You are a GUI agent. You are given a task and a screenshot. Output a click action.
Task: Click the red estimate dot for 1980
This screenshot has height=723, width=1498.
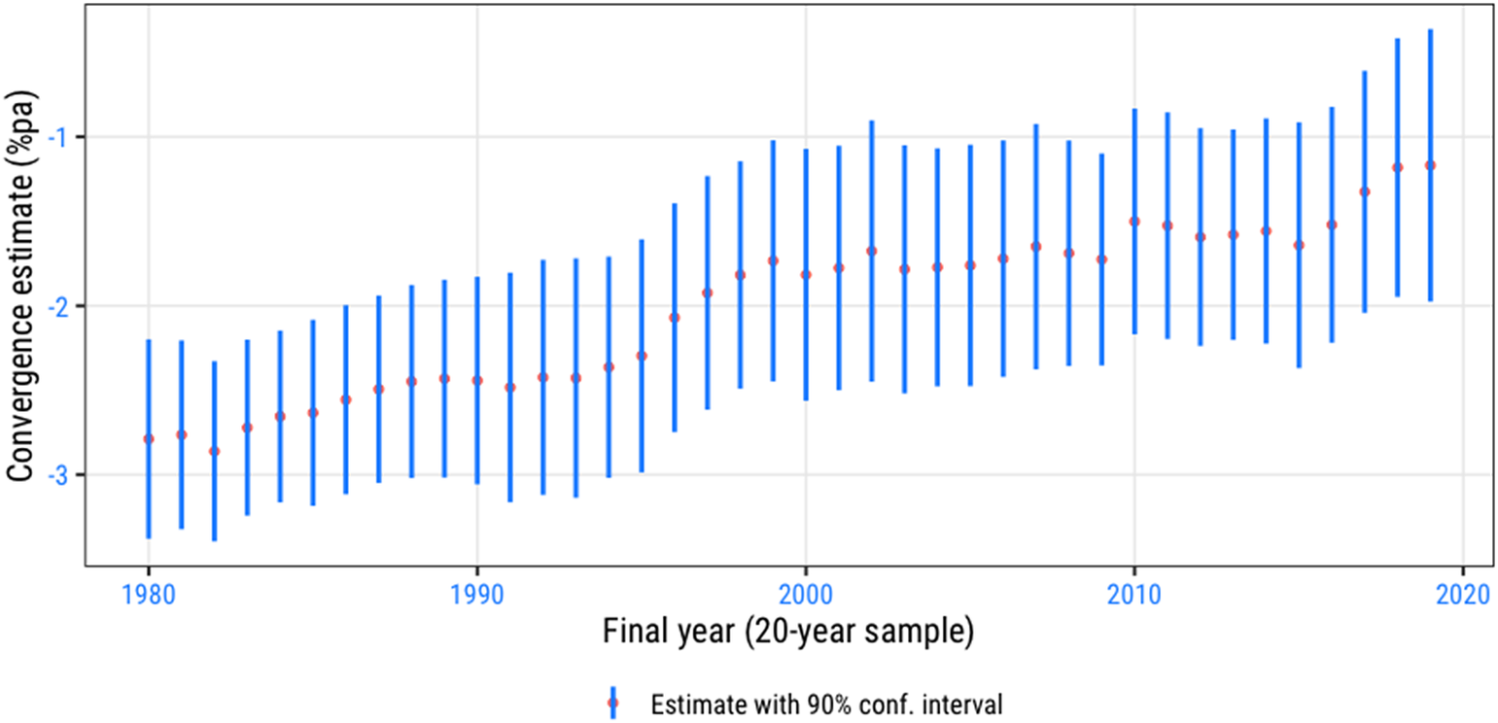149,438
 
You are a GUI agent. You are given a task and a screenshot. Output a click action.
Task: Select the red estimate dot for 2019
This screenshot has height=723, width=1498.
1430,165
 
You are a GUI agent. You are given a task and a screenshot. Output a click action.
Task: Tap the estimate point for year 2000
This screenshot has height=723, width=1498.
805,274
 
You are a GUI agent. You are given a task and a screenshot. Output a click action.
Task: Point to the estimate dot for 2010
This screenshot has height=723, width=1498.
1133,222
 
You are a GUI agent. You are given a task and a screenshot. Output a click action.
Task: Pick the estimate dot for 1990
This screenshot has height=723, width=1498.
476,380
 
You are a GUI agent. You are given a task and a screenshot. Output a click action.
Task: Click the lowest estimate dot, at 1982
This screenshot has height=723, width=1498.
215,451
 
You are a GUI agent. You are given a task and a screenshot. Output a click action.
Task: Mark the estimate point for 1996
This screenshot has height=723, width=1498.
675,318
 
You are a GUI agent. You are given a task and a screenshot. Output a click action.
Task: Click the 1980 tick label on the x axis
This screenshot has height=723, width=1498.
149,595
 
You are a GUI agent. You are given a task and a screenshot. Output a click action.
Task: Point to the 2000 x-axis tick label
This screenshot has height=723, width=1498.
805,595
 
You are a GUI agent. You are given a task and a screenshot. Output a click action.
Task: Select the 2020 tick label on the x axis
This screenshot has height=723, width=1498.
1463,595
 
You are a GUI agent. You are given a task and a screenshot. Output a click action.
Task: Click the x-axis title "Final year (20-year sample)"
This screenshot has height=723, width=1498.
788,633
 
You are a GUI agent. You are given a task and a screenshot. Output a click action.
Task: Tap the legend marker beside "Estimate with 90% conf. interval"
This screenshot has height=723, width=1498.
613,703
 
